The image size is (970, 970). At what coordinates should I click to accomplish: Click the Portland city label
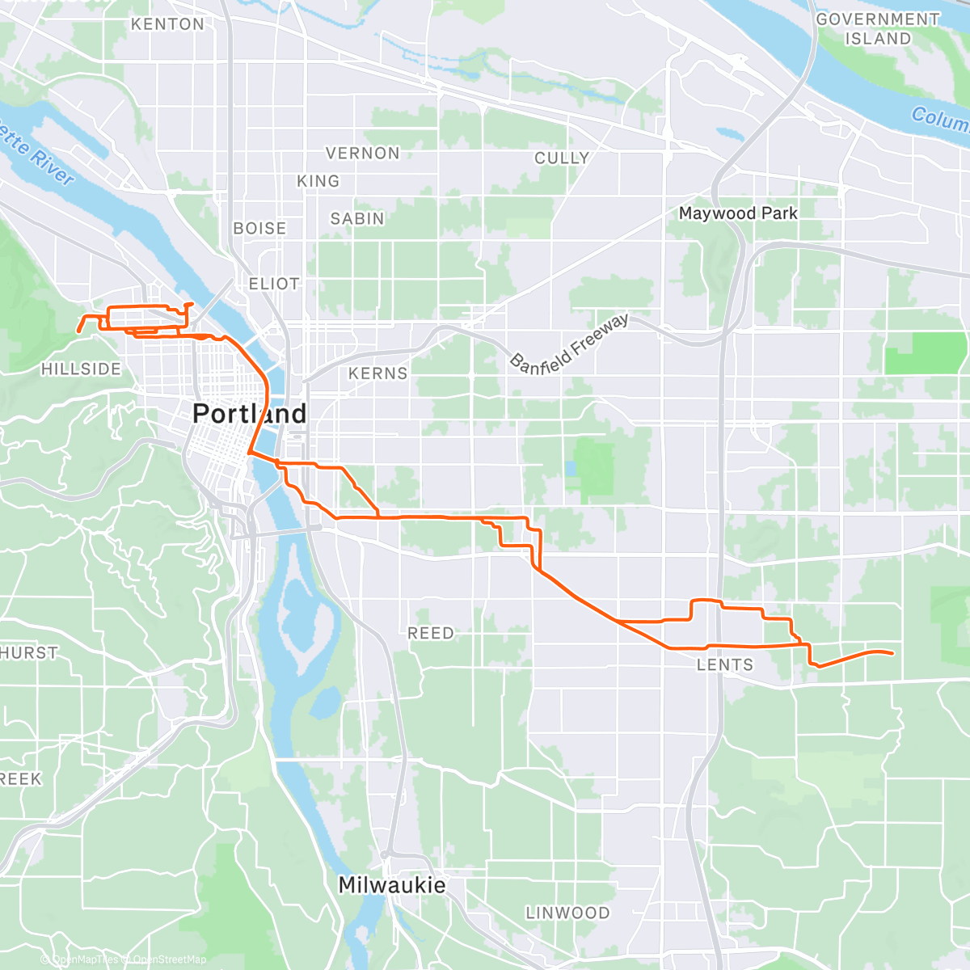point(250,414)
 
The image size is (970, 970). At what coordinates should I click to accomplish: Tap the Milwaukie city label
point(392,885)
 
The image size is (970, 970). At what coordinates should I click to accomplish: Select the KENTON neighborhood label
point(168,24)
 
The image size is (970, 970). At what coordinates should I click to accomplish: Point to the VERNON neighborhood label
point(363,153)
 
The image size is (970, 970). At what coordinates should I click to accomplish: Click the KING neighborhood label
point(318,181)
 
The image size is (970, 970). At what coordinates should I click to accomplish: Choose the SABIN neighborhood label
point(357,218)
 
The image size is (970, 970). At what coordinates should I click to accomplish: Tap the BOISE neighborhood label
point(259,229)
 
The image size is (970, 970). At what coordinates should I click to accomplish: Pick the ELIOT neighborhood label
point(274,284)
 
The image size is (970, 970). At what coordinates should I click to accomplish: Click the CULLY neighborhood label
point(562,158)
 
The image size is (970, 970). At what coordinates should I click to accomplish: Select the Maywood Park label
point(738,213)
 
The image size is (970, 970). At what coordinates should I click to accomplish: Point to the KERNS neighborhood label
point(378,373)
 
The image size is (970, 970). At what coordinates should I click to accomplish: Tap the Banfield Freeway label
point(569,344)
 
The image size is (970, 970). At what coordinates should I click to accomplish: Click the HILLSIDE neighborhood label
point(81,369)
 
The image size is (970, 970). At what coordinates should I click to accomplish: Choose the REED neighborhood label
point(431,633)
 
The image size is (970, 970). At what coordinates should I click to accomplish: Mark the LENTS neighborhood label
point(725,665)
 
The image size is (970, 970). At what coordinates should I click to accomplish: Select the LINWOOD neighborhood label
point(568,913)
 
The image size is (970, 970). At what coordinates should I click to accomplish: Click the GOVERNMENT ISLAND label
point(878,28)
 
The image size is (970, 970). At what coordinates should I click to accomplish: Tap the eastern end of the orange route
point(892,653)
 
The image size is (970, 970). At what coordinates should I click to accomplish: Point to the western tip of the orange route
point(78,331)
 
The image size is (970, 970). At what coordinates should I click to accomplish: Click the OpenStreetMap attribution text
point(170,959)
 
